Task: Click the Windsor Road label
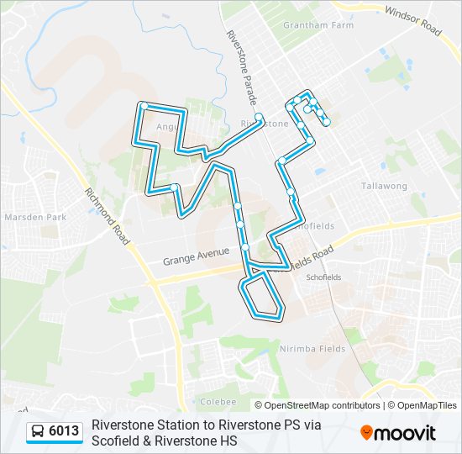pos(412,21)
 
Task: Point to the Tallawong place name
pos(384,186)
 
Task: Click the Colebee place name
pos(218,402)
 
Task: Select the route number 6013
pos(64,432)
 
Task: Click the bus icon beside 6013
pos(38,432)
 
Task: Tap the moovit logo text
pos(405,433)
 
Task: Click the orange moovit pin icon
pos(366,432)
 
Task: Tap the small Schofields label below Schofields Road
pos(323,277)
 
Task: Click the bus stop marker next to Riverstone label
pos(260,117)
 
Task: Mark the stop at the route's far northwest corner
pos(144,106)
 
